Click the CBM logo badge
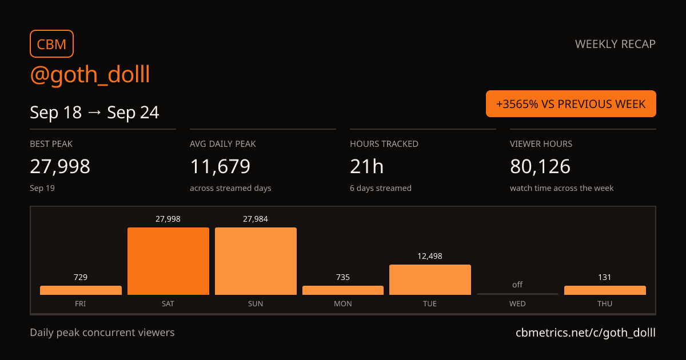(x=52, y=44)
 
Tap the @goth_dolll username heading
(x=90, y=74)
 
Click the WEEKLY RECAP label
(x=615, y=44)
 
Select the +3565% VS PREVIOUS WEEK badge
(x=571, y=104)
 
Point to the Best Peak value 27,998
(x=60, y=166)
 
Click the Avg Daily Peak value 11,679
(x=220, y=166)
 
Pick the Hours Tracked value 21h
(x=366, y=166)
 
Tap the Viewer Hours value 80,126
(x=540, y=166)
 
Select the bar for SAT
(x=168, y=261)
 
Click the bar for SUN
(x=256, y=261)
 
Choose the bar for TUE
(x=430, y=280)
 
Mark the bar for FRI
(x=81, y=290)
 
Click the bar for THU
(x=605, y=290)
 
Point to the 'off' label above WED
(x=517, y=285)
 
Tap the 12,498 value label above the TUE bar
(x=430, y=256)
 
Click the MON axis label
(x=342, y=303)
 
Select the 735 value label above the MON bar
(x=342, y=277)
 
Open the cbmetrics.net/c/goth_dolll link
(x=585, y=333)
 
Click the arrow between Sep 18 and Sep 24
(x=94, y=112)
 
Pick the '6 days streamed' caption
(x=381, y=188)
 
